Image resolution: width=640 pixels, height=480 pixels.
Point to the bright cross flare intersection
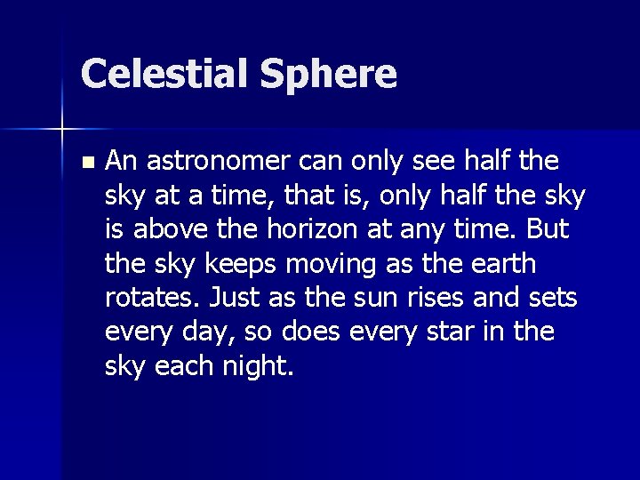[62, 130]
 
